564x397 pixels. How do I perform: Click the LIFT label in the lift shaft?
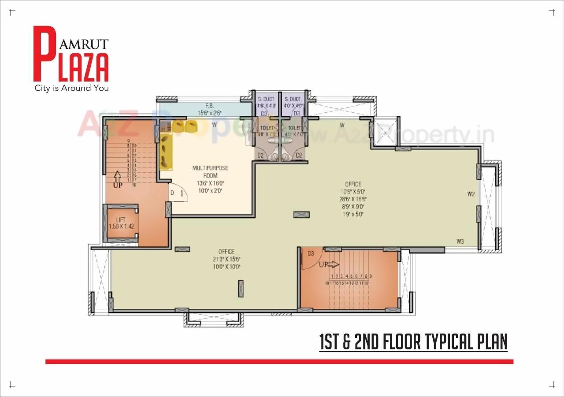point(121,219)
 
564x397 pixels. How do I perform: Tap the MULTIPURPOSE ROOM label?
point(210,172)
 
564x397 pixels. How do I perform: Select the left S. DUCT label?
point(266,100)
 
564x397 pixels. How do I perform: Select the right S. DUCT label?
point(293,100)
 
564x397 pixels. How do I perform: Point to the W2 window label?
point(471,193)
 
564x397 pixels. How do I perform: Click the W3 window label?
point(460,241)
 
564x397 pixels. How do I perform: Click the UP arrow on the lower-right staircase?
point(329,264)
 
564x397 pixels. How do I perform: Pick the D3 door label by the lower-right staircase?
point(311,253)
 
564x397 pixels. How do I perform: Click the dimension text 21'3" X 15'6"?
point(226,259)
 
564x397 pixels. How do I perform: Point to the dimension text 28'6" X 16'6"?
point(353,199)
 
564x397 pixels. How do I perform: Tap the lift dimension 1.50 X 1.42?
point(121,226)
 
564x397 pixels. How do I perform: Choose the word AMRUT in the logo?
point(84,44)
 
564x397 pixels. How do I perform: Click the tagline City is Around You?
point(71,88)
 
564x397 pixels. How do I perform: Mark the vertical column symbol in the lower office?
point(241,288)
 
